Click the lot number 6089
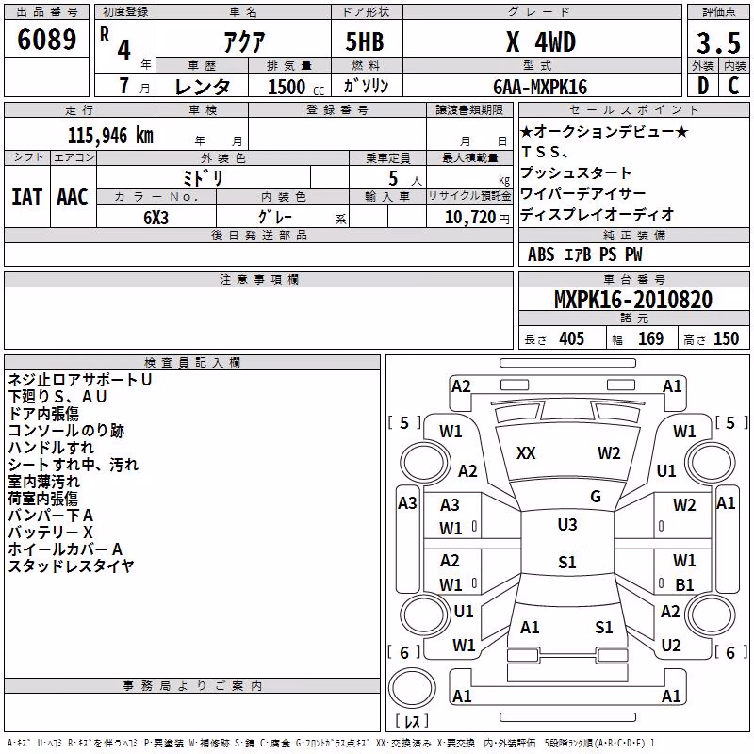coord(46,40)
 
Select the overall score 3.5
coord(718,43)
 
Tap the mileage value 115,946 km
coord(110,136)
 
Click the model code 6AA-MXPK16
coord(540,87)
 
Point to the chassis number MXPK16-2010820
coord(633,300)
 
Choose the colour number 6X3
coord(156,218)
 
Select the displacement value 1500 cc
coord(296,87)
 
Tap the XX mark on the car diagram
coord(526,453)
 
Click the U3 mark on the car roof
coord(567,524)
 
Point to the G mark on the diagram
coord(596,497)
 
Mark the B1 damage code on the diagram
coord(684,584)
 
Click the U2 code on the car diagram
coord(671,645)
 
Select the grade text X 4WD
coord(541,42)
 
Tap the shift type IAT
coord(26,197)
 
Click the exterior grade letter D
coord(702,86)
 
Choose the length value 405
coord(571,338)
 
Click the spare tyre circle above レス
coord(412,687)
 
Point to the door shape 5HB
coord(365,42)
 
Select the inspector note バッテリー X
coord(51,533)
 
